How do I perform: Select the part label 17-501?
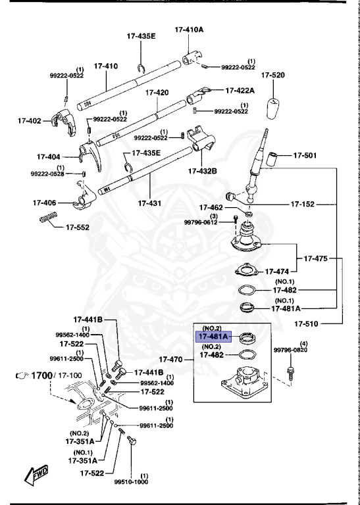pos(305,155)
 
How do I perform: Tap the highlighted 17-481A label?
pos(214,336)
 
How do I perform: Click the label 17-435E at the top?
pos(141,37)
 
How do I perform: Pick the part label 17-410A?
pos(189,30)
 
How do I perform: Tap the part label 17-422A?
pos(242,90)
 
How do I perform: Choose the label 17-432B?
pos(201,171)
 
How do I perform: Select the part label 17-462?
pos(212,206)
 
